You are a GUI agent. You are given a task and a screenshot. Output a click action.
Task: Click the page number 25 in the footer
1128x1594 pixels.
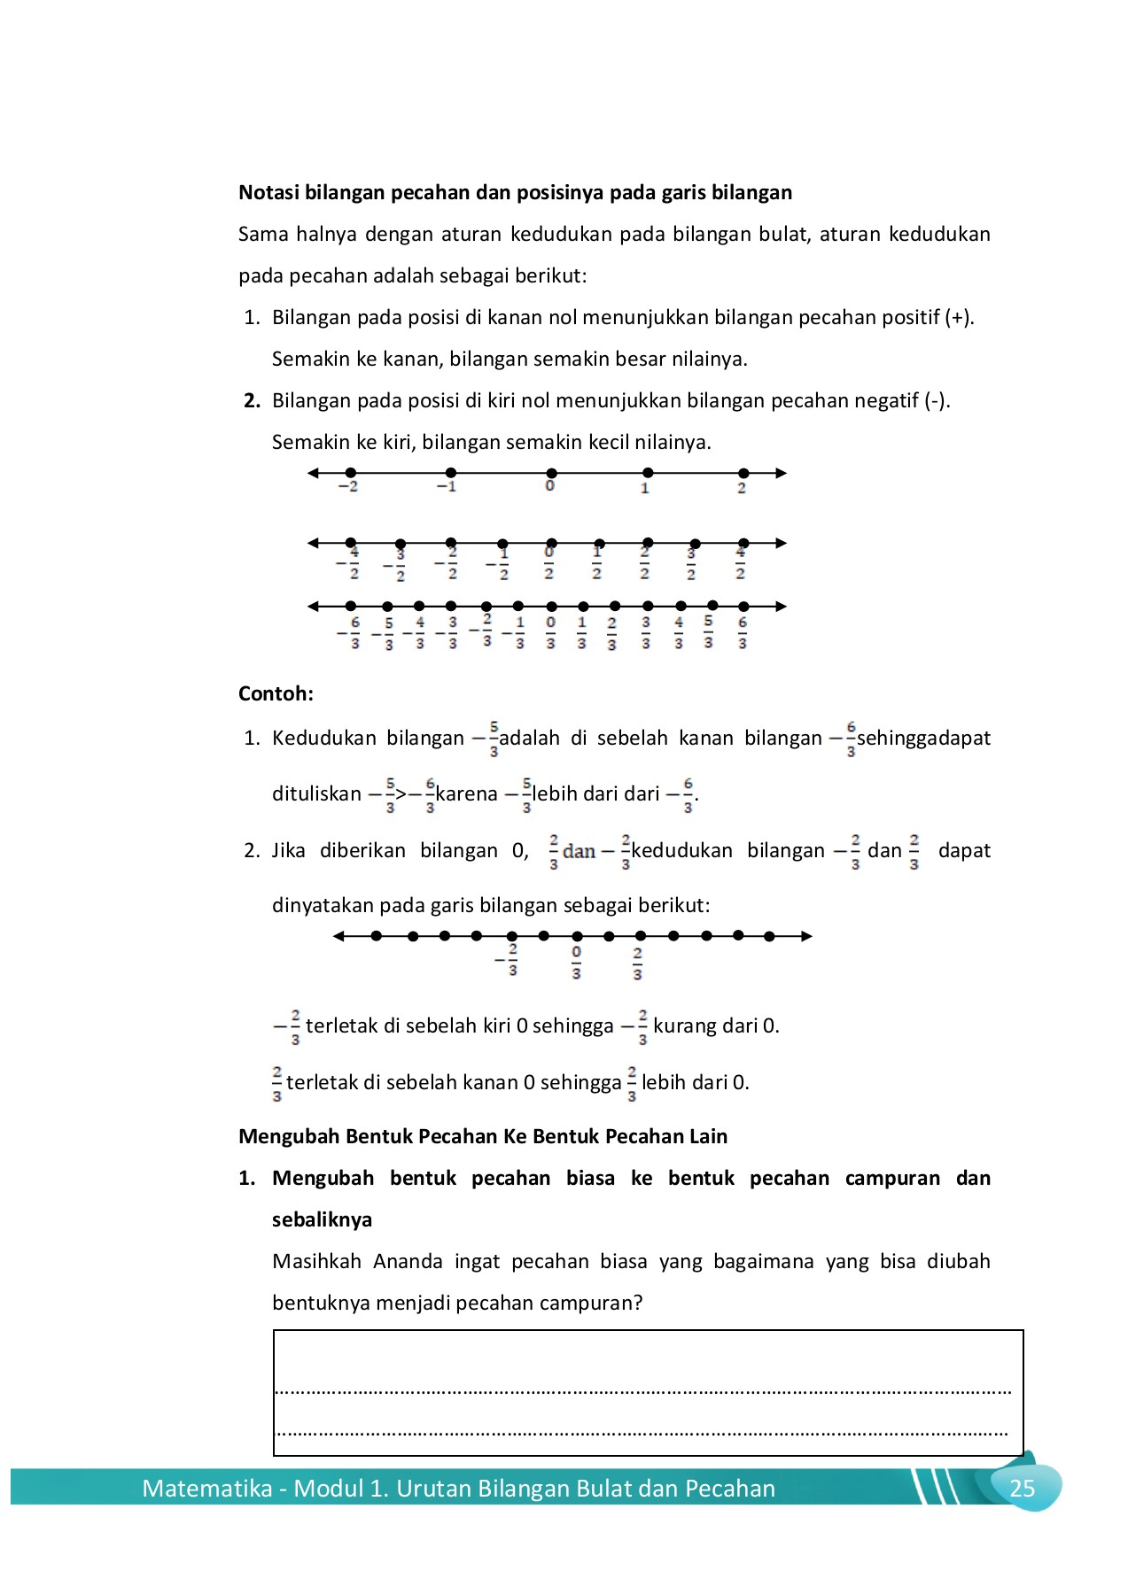click(1022, 1489)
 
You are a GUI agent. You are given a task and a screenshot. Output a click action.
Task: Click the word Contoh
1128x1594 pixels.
click(275, 693)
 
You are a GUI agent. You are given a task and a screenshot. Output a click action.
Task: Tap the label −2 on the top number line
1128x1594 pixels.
click(348, 487)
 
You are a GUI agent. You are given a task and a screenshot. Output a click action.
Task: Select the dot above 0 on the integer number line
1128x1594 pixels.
click(551, 473)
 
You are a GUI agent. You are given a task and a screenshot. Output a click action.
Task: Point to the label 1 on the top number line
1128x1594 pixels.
click(645, 488)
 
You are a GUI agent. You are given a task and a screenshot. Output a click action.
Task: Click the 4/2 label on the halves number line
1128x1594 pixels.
click(741, 563)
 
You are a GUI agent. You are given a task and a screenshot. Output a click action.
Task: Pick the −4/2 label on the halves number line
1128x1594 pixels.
click(349, 563)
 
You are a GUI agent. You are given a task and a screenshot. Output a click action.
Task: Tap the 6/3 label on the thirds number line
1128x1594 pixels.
click(743, 632)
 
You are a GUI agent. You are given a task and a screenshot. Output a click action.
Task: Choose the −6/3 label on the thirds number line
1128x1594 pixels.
click(351, 632)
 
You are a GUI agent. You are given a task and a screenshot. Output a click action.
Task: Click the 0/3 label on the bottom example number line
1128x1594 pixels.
click(576, 963)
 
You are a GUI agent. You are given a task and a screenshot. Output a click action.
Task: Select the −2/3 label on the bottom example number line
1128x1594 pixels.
click(508, 960)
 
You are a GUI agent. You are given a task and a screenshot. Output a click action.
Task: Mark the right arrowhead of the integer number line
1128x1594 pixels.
click(781, 473)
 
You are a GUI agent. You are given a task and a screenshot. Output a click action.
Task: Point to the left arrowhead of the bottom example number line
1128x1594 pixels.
click(338, 936)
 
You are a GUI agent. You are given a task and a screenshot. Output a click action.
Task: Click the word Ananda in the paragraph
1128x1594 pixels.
click(408, 1261)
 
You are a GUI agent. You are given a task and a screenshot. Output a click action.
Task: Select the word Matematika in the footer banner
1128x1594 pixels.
click(206, 1489)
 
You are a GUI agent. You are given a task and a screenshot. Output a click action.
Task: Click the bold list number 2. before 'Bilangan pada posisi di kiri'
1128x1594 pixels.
click(252, 400)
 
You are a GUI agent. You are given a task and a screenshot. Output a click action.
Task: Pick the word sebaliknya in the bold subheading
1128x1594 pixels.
click(322, 1219)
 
